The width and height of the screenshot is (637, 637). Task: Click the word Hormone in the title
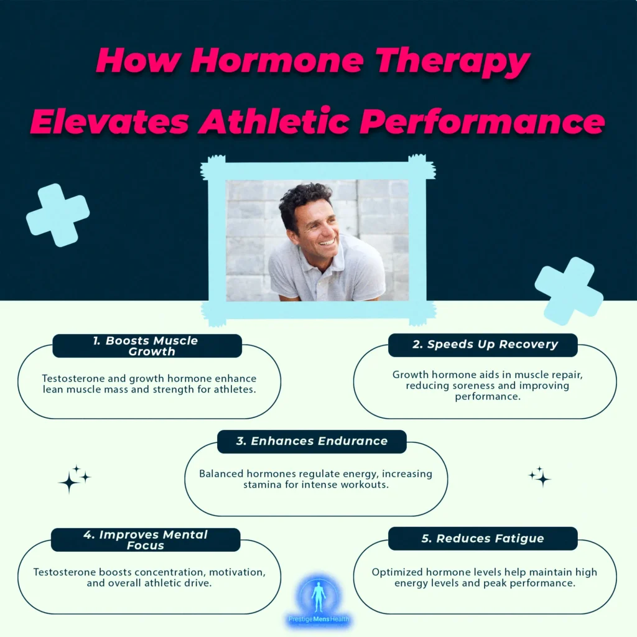pyautogui.click(x=277, y=60)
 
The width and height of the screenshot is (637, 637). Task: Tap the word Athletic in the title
pyautogui.click(x=274, y=121)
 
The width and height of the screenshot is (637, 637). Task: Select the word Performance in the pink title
pyautogui.click(x=482, y=123)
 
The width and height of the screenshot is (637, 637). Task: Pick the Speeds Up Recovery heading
pyautogui.click(x=485, y=345)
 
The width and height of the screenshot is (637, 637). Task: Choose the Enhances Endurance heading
pyautogui.click(x=312, y=441)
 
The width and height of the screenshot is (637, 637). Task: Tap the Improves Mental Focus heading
pyautogui.click(x=146, y=540)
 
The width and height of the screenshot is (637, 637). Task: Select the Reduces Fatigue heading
pyautogui.click(x=483, y=539)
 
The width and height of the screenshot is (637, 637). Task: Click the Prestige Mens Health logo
pyautogui.click(x=318, y=602)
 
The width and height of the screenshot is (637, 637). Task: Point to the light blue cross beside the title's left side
pyautogui.click(x=58, y=215)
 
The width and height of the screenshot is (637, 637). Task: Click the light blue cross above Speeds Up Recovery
pyautogui.click(x=569, y=291)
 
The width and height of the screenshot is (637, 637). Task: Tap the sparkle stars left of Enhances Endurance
pyautogui.click(x=75, y=479)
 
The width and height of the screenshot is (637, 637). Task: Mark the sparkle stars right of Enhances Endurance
pyautogui.click(x=540, y=477)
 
